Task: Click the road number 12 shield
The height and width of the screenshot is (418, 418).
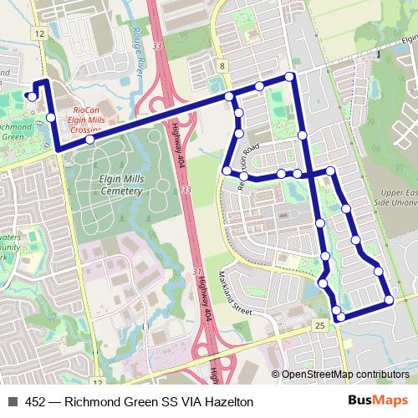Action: point(39,33)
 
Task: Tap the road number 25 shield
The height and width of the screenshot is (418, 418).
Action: point(319,324)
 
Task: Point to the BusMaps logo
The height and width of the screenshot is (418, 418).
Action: point(378,401)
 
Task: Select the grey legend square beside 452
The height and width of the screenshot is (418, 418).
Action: point(12,402)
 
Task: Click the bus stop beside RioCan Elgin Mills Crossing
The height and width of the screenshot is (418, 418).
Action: point(89,140)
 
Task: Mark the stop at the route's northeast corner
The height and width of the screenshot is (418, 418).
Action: point(290,77)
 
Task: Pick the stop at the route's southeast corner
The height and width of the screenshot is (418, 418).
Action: point(389,300)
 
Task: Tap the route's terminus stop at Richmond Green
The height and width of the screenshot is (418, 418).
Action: point(32,96)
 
